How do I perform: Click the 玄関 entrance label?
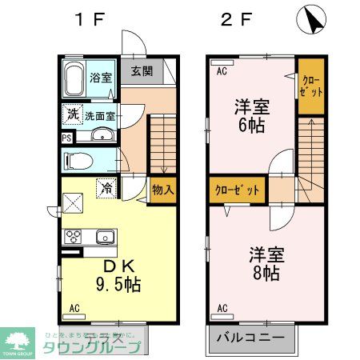142,70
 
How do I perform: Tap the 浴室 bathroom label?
100,78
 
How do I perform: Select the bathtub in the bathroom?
74,80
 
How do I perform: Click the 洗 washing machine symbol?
73,114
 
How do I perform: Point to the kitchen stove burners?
74,237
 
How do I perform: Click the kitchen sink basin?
104,237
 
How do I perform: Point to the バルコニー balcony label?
249,338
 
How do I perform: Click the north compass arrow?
312,21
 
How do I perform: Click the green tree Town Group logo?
17,340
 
